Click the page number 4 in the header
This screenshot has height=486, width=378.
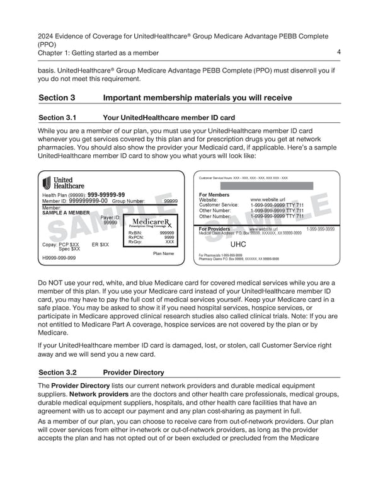click(339, 52)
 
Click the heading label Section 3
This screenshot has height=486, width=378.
click(57, 98)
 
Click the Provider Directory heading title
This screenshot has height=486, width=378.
click(133, 373)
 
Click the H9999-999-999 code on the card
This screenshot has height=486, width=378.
click(59, 258)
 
